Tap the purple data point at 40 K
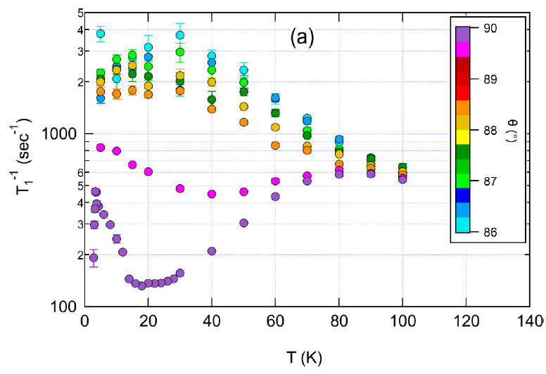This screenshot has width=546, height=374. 211,251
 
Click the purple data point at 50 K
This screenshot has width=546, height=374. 243,223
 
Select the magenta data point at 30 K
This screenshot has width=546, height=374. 180,188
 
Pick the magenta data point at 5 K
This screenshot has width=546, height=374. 101,148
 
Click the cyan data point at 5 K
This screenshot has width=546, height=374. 101,34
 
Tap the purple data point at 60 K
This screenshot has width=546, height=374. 275,197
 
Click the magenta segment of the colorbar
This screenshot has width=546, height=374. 463,49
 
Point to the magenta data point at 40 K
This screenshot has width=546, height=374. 211,194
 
